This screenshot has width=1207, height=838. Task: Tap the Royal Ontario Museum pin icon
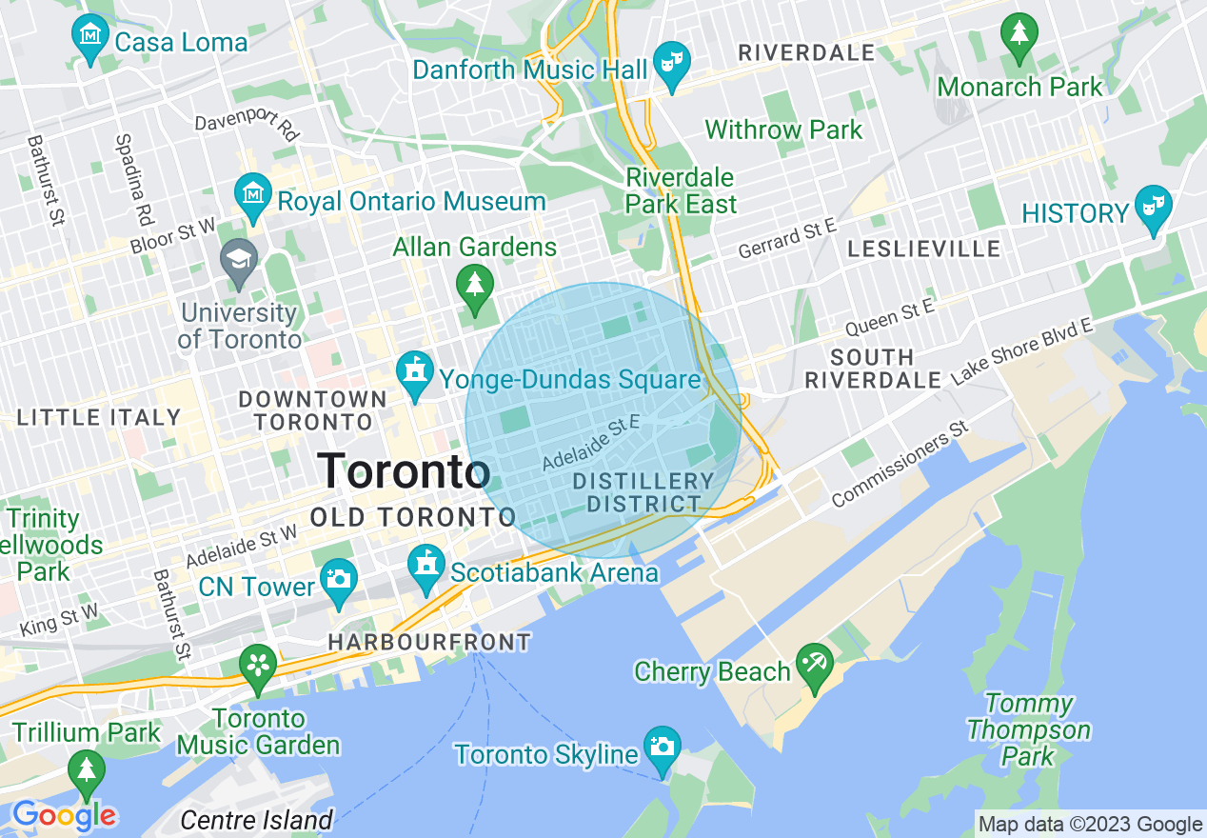click(x=252, y=193)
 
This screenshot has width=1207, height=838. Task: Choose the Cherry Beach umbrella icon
click(x=815, y=664)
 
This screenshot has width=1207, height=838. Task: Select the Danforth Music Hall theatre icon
click(x=673, y=64)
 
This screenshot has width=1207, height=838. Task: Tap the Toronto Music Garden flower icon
click(x=258, y=665)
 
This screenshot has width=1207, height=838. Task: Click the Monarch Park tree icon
click(x=1019, y=35)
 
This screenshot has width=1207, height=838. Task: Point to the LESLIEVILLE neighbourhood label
click(x=924, y=249)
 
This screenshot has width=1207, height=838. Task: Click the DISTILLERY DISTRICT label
click(x=643, y=492)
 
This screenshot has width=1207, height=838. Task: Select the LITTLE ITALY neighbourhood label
click(x=99, y=417)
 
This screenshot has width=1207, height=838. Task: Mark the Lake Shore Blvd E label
click(x=1020, y=352)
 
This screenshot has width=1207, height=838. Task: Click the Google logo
click(x=64, y=815)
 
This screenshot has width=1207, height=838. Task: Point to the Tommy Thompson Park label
click(x=1028, y=730)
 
